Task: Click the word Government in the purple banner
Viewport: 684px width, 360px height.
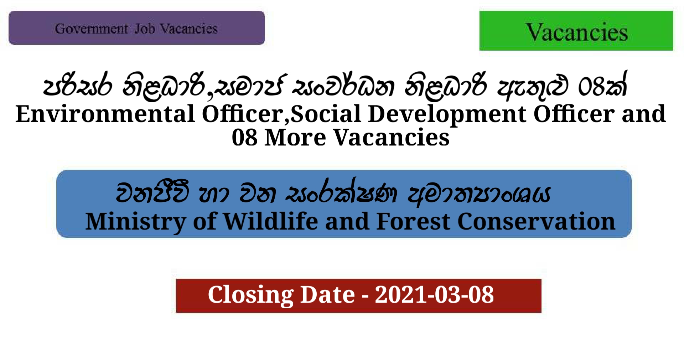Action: click(x=91, y=29)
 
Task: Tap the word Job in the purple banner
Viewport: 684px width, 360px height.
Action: click(x=145, y=29)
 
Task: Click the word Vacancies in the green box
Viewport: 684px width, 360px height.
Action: click(x=576, y=32)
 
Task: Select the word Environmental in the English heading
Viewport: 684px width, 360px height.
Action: click(x=105, y=114)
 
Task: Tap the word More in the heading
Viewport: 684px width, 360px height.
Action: click(x=295, y=138)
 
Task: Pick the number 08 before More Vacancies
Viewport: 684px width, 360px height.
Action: click(x=244, y=138)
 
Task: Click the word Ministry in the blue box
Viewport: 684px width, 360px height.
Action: click(x=135, y=222)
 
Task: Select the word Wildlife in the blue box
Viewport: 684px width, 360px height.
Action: click(x=271, y=222)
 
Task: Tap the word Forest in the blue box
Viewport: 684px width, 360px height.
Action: click(x=413, y=222)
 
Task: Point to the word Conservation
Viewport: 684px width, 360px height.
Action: click(x=536, y=222)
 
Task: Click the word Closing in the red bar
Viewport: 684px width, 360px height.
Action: click(x=250, y=295)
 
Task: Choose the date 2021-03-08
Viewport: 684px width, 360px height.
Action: click(x=434, y=295)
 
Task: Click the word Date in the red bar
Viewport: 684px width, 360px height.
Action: click(x=327, y=295)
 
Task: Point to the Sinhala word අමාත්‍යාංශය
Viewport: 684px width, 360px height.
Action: click(x=479, y=195)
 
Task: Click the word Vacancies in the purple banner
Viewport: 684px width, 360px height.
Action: click(x=188, y=29)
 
